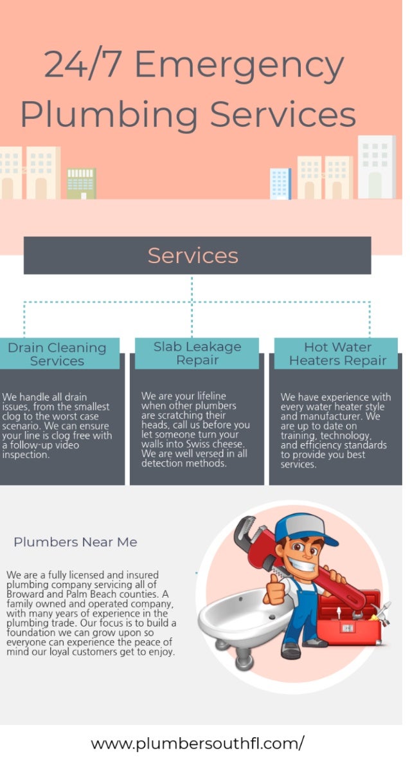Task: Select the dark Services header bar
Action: click(x=197, y=255)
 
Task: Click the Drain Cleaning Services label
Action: click(x=57, y=354)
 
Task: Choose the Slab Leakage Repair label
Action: click(x=197, y=353)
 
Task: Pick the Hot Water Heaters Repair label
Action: click(x=337, y=354)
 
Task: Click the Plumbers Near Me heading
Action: click(x=75, y=542)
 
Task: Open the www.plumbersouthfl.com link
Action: click(x=197, y=744)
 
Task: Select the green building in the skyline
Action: click(x=81, y=183)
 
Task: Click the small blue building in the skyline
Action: click(x=280, y=183)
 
